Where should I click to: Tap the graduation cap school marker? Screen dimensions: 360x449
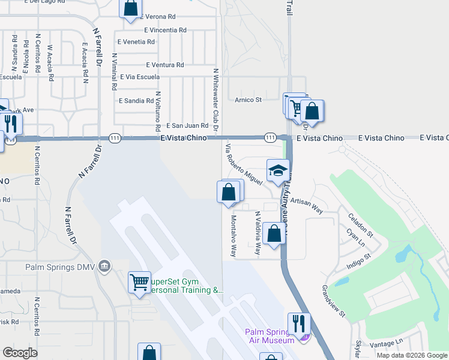(279, 171)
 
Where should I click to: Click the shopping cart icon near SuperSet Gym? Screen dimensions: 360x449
(140, 281)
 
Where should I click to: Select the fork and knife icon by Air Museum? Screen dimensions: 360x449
(299, 323)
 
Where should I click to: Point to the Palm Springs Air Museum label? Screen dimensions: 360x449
(270, 336)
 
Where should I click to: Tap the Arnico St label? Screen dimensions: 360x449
(248, 100)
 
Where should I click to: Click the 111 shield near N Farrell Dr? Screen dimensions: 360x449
(114, 138)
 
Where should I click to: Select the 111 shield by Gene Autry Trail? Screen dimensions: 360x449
(270, 138)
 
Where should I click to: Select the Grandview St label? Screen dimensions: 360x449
(334, 301)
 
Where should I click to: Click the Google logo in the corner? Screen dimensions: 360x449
(20, 353)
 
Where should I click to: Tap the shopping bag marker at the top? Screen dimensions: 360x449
(131, 9)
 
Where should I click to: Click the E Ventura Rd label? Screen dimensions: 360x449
(164, 65)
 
